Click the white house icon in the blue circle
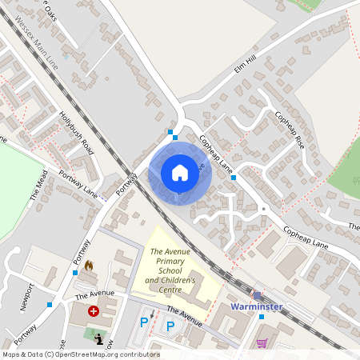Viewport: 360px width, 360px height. click(x=179, y=173)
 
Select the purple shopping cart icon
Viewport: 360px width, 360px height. click(x=262, y=342)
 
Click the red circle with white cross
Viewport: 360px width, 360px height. click(x=94, y=310)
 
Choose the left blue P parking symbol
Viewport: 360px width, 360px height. click(x=145, y=323)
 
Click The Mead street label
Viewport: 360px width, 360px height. click(x=40, y=186)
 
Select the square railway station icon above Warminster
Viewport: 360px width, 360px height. click(x=257, y=294)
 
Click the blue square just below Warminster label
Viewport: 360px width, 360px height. click(x=261, y=317)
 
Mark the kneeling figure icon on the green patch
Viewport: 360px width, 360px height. click(x=98, y=339)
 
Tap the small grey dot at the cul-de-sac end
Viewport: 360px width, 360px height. click(x=263, y=209)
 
